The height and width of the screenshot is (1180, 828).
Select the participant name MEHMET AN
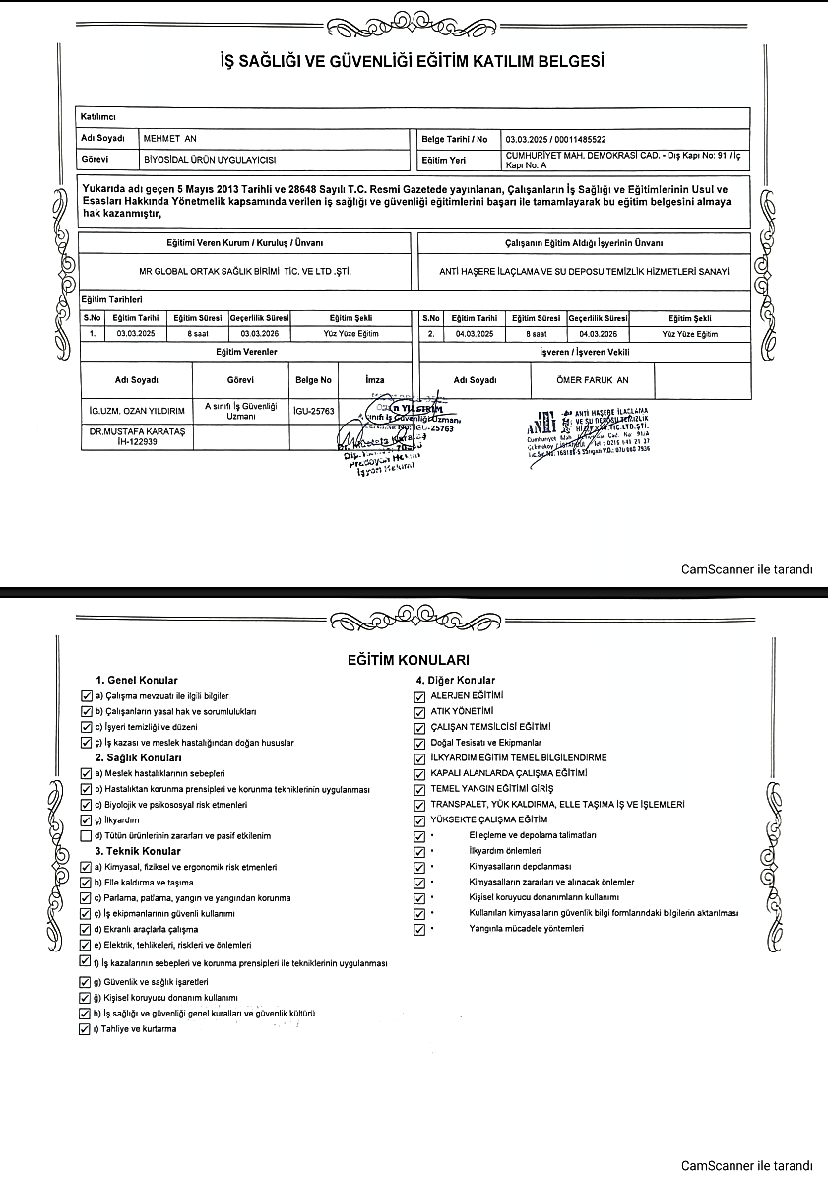click(x=170, y=139)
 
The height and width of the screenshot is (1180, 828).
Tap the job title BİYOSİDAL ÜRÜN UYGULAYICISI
click(x=209, y=158)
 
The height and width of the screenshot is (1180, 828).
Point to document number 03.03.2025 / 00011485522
click(x=555, y=139)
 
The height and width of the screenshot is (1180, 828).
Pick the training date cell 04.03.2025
click(x=476, y=334)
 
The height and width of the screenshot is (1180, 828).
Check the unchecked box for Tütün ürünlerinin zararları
click(x=86, y=835)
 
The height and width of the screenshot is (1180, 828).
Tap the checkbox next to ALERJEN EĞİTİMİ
click(x=420, y=696)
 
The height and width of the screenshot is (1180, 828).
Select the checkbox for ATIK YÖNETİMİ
click(x=420, y=711)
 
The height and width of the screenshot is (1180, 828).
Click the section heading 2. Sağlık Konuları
click(x=138, y=758)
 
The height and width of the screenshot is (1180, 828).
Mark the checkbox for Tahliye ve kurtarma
click(x=85, y=1029)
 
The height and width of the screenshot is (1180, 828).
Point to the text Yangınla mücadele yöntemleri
click(x=522, y=928)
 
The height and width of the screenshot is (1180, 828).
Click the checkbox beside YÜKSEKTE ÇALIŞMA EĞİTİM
click(x=420, y=819)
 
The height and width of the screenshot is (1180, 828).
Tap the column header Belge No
click(x=314, y=379)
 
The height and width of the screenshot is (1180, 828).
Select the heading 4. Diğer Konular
click(x=455, y=680)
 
